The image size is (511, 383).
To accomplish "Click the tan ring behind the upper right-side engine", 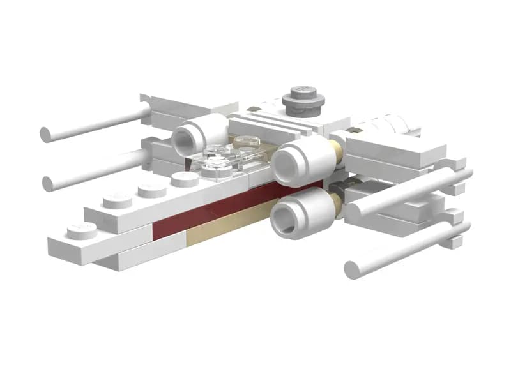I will (333, 151).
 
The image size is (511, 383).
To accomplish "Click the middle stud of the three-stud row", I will (152, 189).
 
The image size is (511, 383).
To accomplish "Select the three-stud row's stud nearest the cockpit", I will (185, 179).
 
